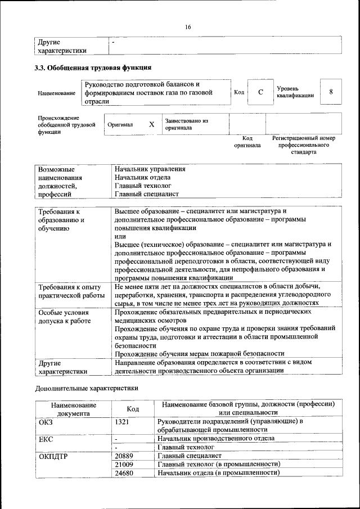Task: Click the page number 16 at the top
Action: pyautogui.click(x=187, y=27)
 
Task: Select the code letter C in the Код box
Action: pyautogui.click(x=260, y=92)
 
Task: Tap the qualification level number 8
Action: pyautogui.click(x=331, y=92)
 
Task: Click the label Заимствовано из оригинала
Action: pyautogui.click(x=186, y=124)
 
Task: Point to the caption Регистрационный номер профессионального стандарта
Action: pyautogui.click(x=303, y=145)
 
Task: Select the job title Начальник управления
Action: pyautogui.click(x=150, y=169)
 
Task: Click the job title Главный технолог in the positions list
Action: pyautogui.click(x=143, y=185)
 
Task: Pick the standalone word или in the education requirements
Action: pyautogui.click(x=119, y=236)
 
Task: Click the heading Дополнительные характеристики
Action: pyautogui.click(x=86, y=388)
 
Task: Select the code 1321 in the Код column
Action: pyautogui.click(x=122, y=421)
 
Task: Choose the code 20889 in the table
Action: pyautogui.click(x=124, y=456)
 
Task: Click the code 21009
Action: pyautogui.click(x=124, y=464)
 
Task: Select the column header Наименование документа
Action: pyautogui.click(x=73, y=409)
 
